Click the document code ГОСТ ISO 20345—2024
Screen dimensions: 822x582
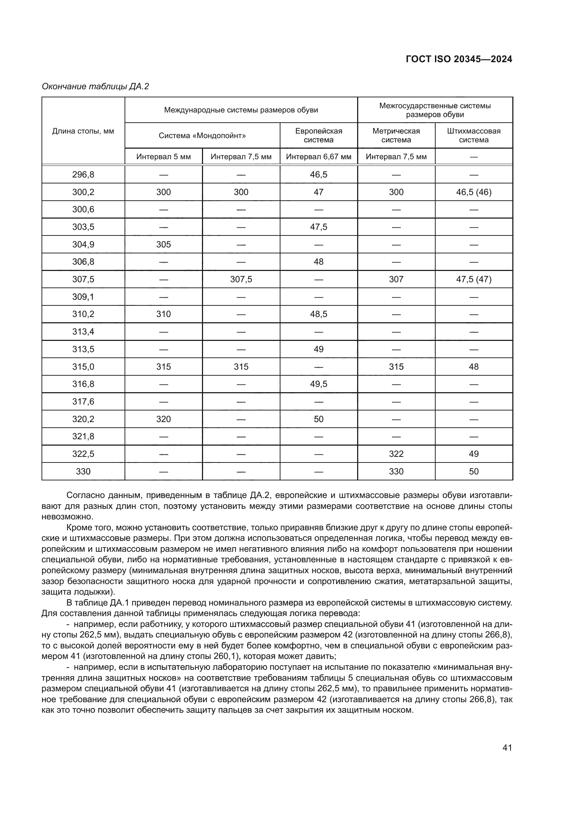click(459, 59)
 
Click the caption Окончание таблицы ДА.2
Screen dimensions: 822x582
click(95, 86)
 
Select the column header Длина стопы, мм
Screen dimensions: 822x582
click(83, 131)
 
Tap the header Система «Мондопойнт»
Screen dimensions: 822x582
click(202, 136)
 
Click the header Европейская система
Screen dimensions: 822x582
click(318, 135)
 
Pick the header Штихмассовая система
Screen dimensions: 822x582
click(473, 135)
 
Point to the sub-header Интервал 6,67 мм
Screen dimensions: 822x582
click(318, 157)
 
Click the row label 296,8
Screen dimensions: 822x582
click(83, 175)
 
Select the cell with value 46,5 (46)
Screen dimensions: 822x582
click(473, 192)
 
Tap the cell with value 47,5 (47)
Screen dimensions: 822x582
click(473, 279)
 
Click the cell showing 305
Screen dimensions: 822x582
click(163, 245)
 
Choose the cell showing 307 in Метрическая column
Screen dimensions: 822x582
click(396, 279)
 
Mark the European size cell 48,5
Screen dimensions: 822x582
click(318, 314)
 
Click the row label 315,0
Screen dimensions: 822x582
click(83, 367)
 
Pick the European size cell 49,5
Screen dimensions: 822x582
click(318, 384)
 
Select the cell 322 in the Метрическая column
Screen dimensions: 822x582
click(396, 454)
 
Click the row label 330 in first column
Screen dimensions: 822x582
click(83, 472)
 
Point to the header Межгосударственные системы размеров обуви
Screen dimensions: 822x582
click(435, 110)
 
